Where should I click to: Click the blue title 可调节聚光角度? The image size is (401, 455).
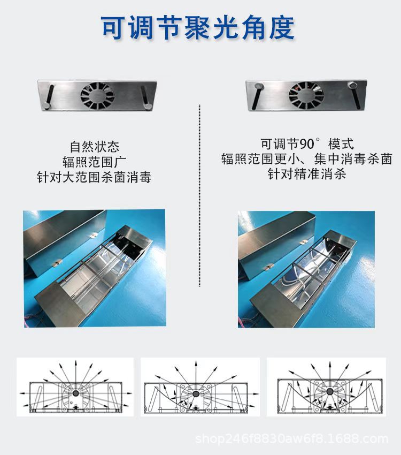click(x=198, y=28)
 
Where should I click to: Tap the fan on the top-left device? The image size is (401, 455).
click(x=97, y=95)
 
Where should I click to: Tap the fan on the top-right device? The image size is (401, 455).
click(x=306, y=95)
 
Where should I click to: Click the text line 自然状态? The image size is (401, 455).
click(x=95, y=147)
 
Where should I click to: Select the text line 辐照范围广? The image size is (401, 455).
click(x=95, y=162)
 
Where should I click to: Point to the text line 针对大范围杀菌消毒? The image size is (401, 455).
click(x=94, y=177)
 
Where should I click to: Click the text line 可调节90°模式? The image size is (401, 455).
click(x=307, y=144)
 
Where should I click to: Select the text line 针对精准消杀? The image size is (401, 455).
click(x=307, y=174)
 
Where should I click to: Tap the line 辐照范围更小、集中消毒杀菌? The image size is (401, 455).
click(x=307, y=159)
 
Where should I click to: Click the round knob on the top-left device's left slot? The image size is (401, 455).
click(x=47, y=106)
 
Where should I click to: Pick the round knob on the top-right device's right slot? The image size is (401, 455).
click(x=353, y=85)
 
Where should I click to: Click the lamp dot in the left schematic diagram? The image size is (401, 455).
click(x=75, y=393)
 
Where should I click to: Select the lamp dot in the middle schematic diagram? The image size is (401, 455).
click(x=196, y=394)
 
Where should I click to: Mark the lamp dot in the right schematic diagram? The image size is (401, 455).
click(x=329, y=392)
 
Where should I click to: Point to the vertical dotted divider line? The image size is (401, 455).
click(x=199, y=195)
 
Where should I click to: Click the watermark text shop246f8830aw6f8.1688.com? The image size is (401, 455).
click(x=292, y=439)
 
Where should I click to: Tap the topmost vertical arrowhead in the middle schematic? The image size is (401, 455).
click(x=196, y=363)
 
